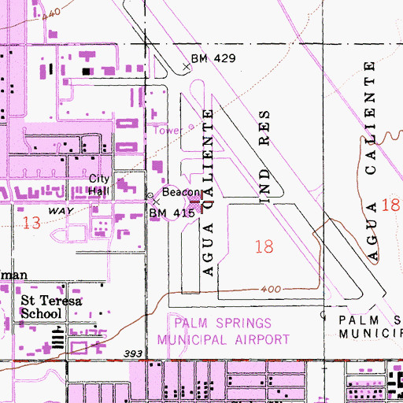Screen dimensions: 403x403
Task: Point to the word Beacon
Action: tap(178, 192)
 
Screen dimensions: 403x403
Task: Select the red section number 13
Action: tap(31, 223)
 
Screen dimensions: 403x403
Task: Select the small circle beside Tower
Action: tap(190, 128)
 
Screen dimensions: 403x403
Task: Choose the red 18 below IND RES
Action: tap(264, 246)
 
